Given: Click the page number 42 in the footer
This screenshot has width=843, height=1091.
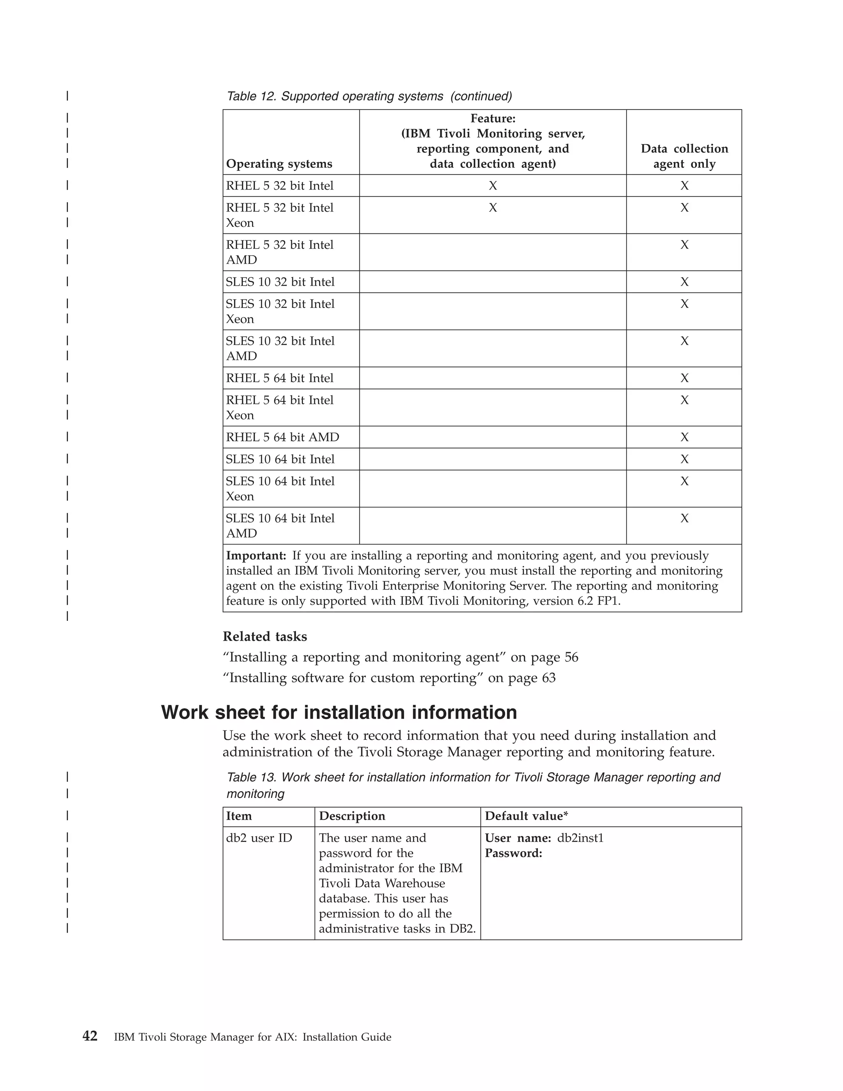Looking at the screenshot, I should pyautogui.click(x=90, y=1036).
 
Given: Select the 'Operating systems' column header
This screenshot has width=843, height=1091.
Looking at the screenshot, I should pyautogui.click(x=279, y=164).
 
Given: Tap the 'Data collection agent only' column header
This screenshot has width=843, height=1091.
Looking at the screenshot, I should pyautogui.click(x=684, y=156).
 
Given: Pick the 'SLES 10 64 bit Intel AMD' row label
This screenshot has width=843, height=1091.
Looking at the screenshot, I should pyautogui.click(x=280, y=525).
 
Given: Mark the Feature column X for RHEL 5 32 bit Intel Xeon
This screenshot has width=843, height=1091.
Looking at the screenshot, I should pyautogui.click(x=492, y=208).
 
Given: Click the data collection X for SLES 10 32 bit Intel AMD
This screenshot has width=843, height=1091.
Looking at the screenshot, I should pyautogui.click(x=684, y=341).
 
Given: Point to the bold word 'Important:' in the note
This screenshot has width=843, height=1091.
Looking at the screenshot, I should pyautogui.click(x=256, y=555).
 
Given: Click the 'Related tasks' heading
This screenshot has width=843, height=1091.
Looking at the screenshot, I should pyautogui.click(x=265, y=636).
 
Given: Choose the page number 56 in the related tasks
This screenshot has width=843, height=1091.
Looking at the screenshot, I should pyautogui.click(x=571, y=657).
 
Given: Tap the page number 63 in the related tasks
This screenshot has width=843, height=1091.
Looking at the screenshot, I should pyautogui.click(x=548, y=678).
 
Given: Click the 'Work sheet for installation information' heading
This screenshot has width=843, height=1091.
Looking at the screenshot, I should pyautogui.click(x=339, y=712).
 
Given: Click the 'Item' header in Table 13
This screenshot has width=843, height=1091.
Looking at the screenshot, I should pyautogui.click(x=239, y=816).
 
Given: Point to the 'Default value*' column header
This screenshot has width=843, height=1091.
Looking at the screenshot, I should pyautogui.click(x=526, y=816).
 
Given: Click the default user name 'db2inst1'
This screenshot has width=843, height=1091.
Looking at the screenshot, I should pyautogui.click(x=580, y=838).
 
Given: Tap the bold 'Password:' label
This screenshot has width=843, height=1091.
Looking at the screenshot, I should pyautogui.click(x=513, y=853).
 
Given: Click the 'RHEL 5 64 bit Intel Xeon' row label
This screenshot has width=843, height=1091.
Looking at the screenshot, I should pyautogui.click(x=279, y=408).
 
